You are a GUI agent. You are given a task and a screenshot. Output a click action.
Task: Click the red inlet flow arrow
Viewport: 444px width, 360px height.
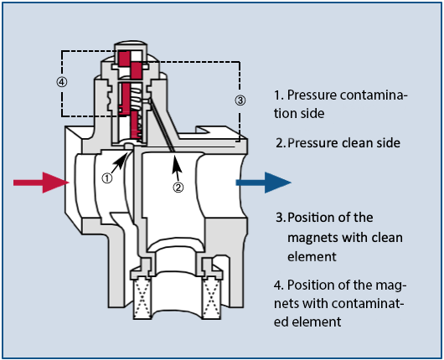[41, 183]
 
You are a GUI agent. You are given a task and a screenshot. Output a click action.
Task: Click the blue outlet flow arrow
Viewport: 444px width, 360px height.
[263, 183]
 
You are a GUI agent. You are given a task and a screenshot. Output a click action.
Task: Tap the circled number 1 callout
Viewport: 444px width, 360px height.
[107, 178]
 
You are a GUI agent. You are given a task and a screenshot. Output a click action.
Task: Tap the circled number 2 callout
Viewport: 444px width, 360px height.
[178, 187]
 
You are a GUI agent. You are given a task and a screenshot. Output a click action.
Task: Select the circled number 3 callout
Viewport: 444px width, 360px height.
[240, 100]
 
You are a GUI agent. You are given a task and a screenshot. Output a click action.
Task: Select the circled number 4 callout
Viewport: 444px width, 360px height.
[62, 82]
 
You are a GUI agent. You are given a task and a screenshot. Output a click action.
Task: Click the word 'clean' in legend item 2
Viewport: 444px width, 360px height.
[358, 143]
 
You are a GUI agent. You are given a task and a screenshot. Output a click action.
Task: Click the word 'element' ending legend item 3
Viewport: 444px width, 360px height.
[312, 257]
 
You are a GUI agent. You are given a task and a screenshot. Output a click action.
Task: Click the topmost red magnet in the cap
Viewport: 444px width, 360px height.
[124, 59]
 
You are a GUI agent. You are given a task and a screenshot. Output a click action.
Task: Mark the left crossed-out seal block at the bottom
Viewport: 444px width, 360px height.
[142, 298]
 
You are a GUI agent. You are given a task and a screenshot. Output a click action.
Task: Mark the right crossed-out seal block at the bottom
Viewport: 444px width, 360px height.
[211, 298]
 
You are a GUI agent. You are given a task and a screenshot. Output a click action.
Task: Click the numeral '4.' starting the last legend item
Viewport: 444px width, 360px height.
[279, 285]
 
